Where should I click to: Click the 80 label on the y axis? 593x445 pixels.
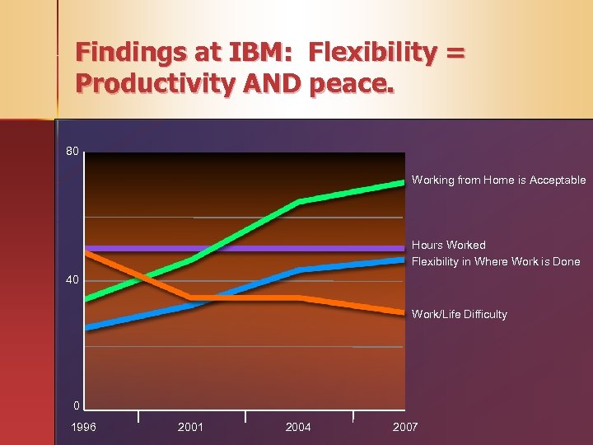[73, 152]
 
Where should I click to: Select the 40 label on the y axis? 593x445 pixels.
[73, 280]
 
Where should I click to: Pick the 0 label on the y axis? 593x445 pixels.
[76, 405]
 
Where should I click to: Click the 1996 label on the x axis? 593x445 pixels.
[83, 427]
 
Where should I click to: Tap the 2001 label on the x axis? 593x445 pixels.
[190, 427]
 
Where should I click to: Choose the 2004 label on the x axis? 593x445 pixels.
[298, 427]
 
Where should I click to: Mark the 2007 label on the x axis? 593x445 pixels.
[405, 427]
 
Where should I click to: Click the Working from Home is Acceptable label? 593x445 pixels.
[498, 180]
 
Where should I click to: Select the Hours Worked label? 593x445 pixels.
[449, 245]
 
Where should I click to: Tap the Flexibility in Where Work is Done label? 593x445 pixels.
[496, 261]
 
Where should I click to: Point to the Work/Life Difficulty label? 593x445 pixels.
[460, 314]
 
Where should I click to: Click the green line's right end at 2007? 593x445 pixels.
[403, 182]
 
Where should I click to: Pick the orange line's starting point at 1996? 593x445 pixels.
[87, 253]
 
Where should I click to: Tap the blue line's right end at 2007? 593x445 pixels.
[403, 260]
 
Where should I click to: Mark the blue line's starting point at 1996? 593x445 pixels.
[87, 327]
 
